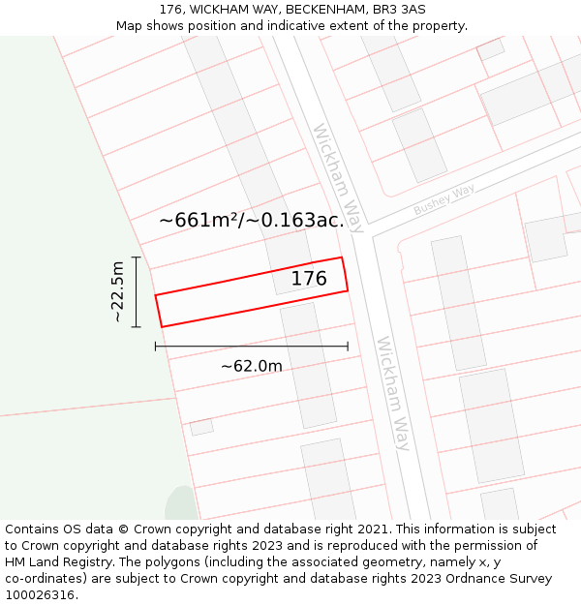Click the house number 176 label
click(x=309, y=279)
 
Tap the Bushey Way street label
click(x=444, y=200)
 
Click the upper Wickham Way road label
click(x=338, y=178)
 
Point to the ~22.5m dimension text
click(x=117, y=291)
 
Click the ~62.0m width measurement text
click(x=251, y=366)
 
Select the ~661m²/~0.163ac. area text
click(x=251, y=221)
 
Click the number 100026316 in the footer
click(x=41, y=595)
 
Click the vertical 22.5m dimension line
click(x=137, y=291)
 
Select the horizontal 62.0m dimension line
click(x=251, y=346)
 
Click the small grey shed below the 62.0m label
click(x=201, y=427)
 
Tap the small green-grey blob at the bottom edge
click(x=181, y=504)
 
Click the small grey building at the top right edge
click(x=491, y=49)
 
